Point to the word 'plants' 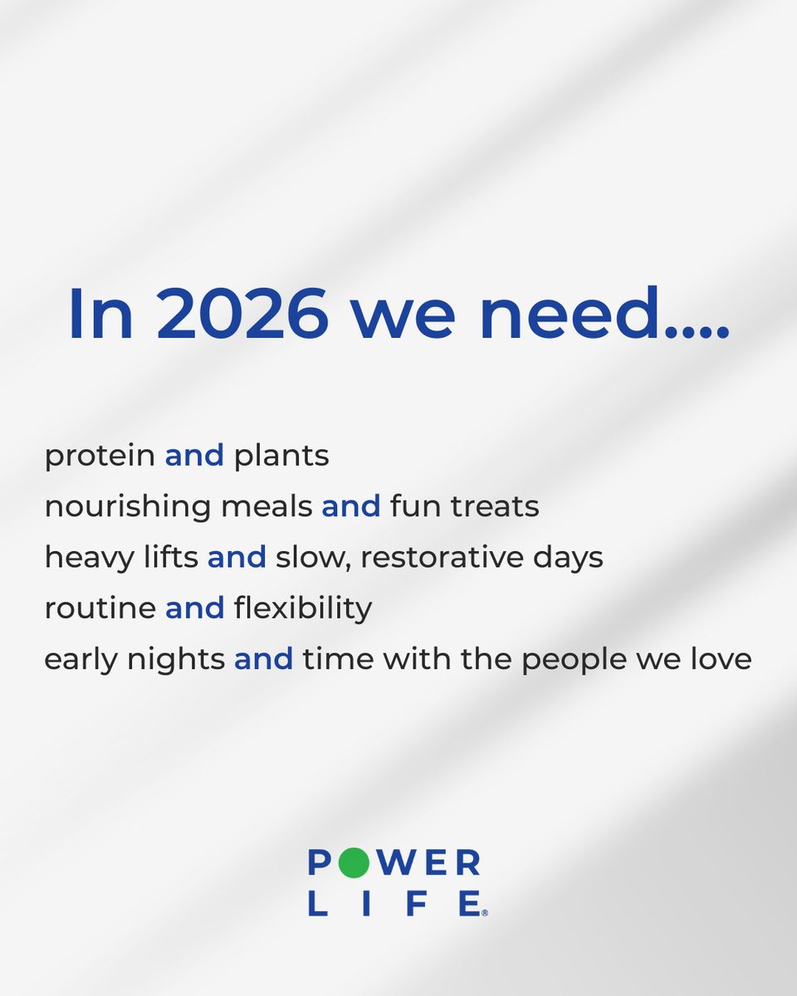(x=281, y=456)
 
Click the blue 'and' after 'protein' (x=194, y=456)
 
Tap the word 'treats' (x=496, y=506)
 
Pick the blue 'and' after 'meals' (x=351, y=506)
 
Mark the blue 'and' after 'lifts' (x=237, y=558)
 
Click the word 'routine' (x=100, y=608)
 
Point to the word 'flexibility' (x=303, y=608)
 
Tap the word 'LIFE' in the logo (x=394, y=902)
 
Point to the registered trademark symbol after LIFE (x=485, y=912)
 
